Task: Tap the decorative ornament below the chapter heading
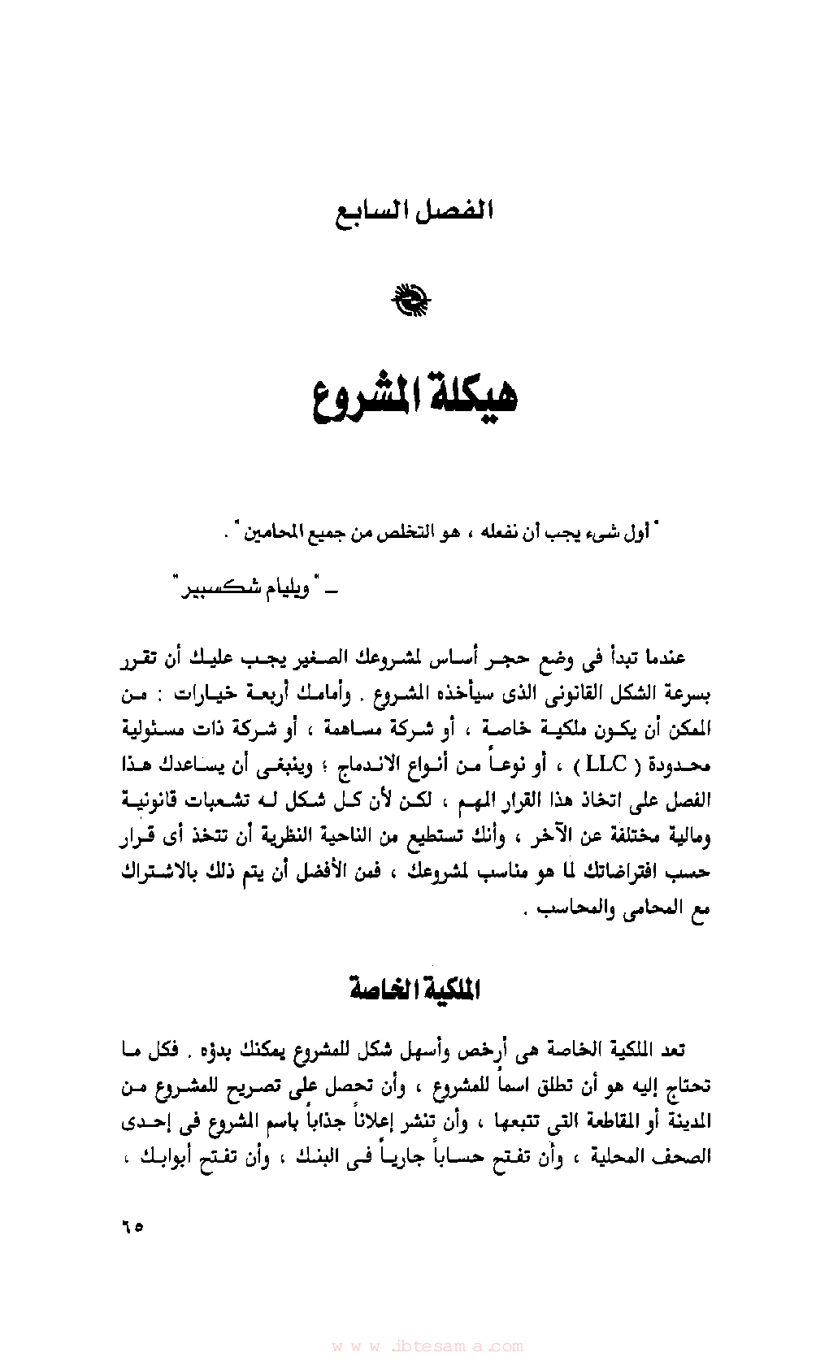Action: [412, 300]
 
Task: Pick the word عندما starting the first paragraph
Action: [662, 656]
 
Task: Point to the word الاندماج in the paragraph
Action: [396, 765]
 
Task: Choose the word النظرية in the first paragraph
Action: [291, 835]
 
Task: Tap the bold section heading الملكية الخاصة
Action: [414, 989]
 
